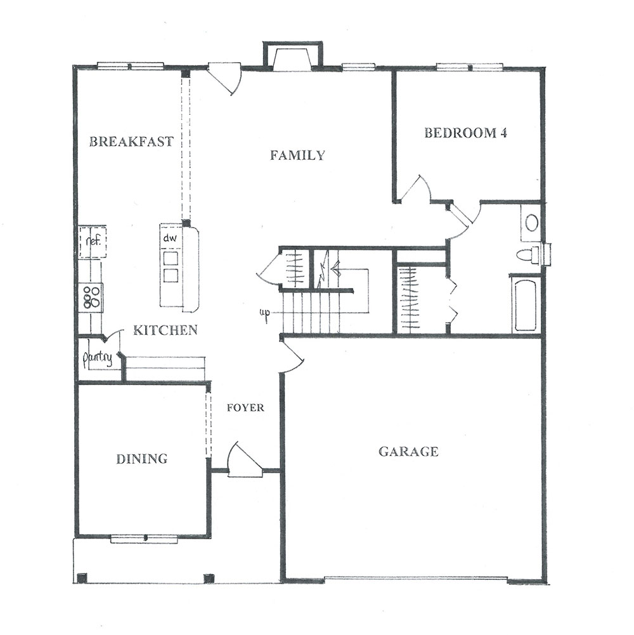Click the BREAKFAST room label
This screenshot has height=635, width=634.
pos(131,141)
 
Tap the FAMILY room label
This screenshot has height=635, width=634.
pos(297,155)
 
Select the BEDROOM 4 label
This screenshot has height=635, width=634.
pos(465,133)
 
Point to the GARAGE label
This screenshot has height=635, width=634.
pos(408,451)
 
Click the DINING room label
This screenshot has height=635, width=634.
pos(141,459)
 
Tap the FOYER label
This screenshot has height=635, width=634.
pos(245,407)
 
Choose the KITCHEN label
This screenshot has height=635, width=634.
pos(165,330)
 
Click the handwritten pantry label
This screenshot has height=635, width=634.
pos(97,358)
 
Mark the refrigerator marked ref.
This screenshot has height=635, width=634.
pos(93,242)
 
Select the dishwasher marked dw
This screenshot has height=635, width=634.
pos(170,238)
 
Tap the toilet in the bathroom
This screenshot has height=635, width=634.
pos(528,255)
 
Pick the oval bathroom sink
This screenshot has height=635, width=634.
pos(531,223)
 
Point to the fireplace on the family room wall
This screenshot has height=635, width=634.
pos(293,56)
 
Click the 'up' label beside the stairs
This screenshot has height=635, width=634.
pos(265,314)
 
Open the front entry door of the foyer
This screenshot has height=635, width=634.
pos(246,461)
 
